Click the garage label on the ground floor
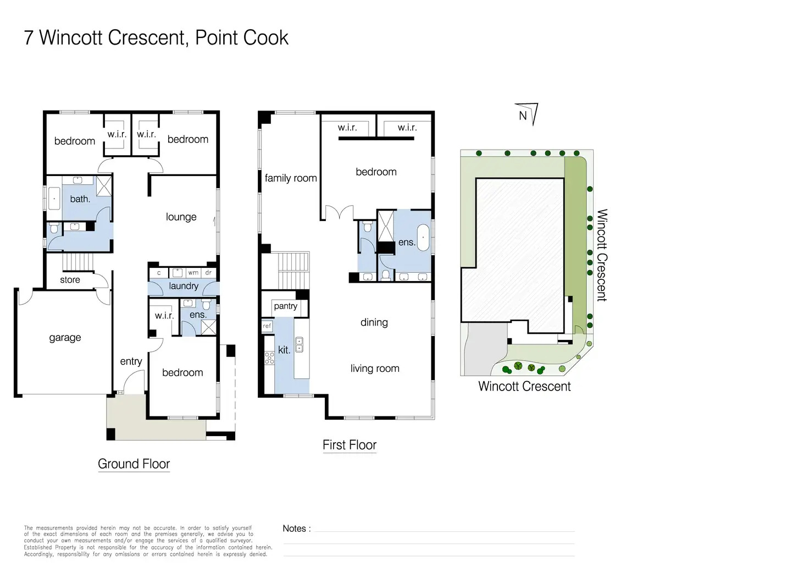65,338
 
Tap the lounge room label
181,217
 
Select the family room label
290,178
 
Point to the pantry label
285,306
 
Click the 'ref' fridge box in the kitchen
267,326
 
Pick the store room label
70,280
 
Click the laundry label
183,286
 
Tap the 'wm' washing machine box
193,273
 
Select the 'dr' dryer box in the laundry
208,273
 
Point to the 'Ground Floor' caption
134,464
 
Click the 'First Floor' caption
350,445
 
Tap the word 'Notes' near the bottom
295,529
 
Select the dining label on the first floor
374,322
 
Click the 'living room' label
375,369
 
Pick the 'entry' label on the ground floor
131,361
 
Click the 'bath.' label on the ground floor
80,199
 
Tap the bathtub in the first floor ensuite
423,237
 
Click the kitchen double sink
299,345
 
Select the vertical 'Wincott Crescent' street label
602,255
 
